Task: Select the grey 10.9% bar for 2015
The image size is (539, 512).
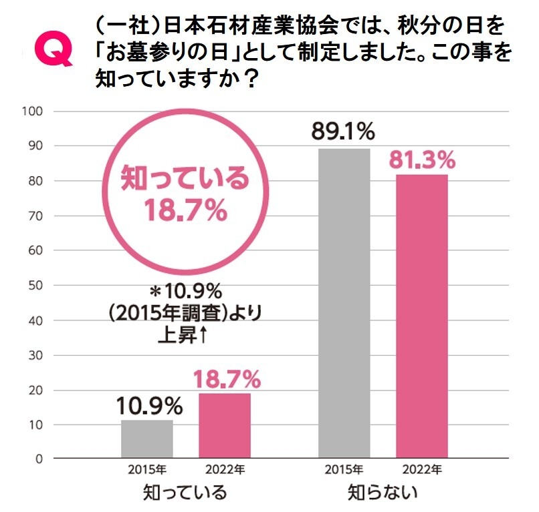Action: [x=147, y=439]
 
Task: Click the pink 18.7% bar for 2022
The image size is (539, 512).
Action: [x=225, y=426]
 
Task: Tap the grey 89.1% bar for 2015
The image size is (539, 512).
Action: [x=344, y=304]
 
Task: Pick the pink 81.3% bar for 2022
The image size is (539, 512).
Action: [x=422, y=317]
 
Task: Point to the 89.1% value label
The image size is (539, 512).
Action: [x=343, y=132]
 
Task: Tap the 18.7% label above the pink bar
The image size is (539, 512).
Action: [x=227, y=379]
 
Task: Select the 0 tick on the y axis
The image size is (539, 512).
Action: [x=39, y=459]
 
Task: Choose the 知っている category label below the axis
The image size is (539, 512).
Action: [x=185, y=494]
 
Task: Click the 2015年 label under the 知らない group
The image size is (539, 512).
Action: [x=344, y=470]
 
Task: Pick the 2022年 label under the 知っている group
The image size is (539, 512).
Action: [x=225, y=470]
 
